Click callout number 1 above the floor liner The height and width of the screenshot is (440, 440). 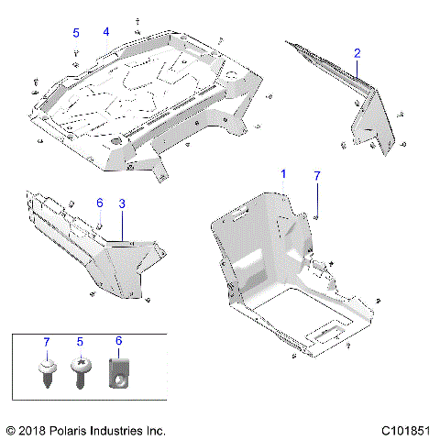[x=283, y=173]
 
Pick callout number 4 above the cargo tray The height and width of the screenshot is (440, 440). [x=106, y=32]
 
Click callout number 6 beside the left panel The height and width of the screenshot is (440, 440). [x=100, y=203]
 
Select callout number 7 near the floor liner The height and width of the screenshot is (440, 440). [x=317, y=174]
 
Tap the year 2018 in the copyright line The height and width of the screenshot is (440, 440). [x=36, y=429]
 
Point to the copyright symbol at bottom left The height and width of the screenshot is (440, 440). [x=11, y=429]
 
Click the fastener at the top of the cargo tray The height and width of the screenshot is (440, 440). [x=137, y=19]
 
